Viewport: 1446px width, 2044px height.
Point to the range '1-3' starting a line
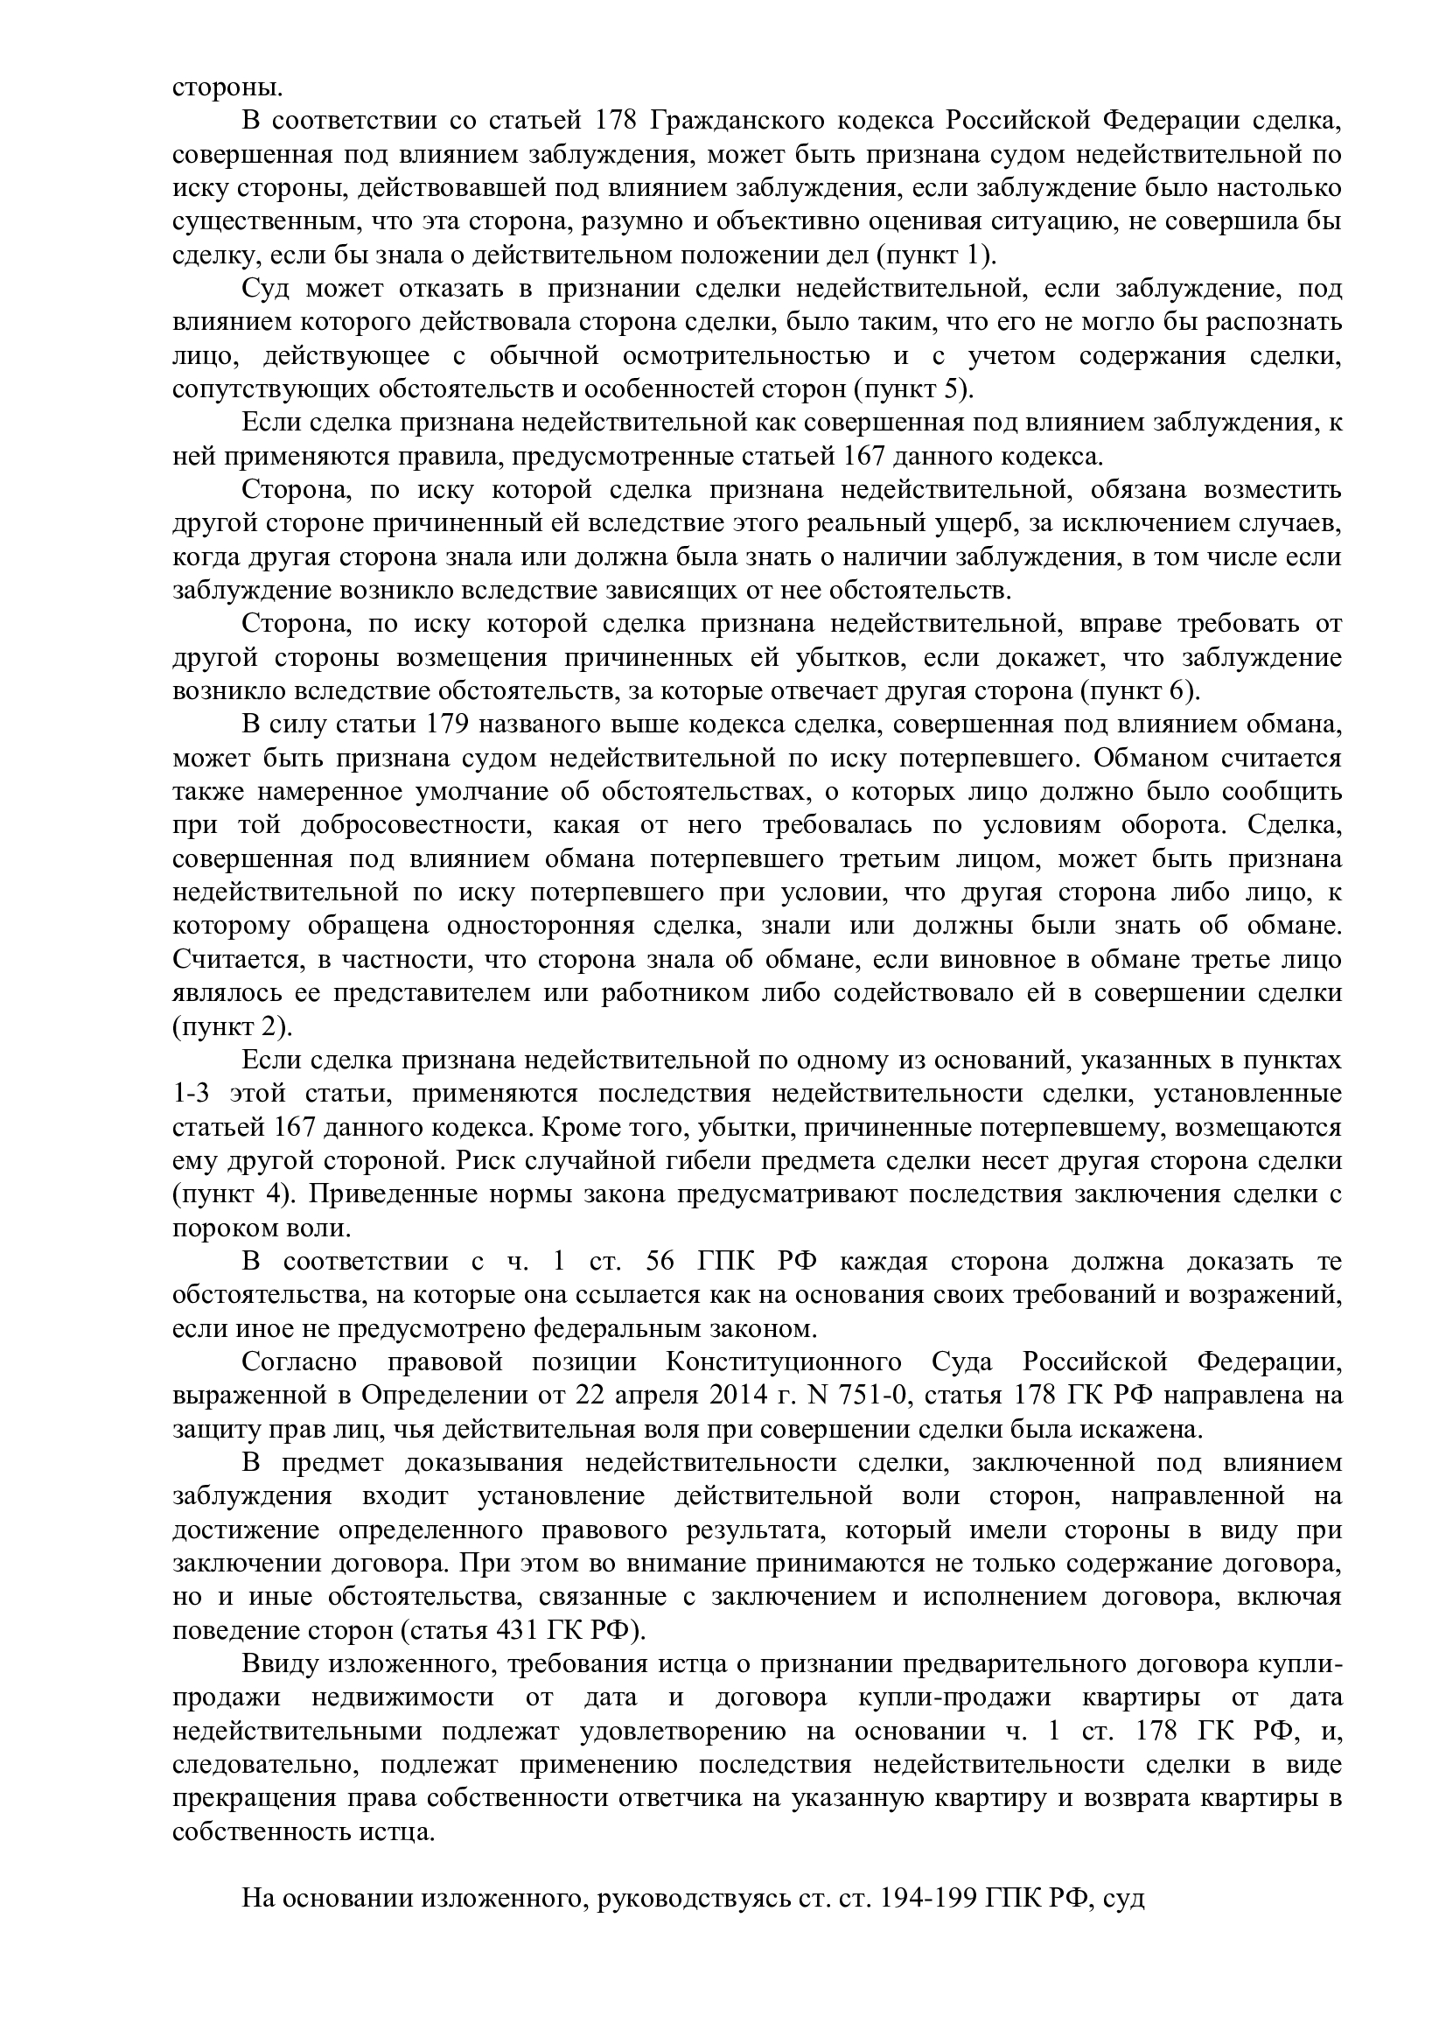point(193,1093)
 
